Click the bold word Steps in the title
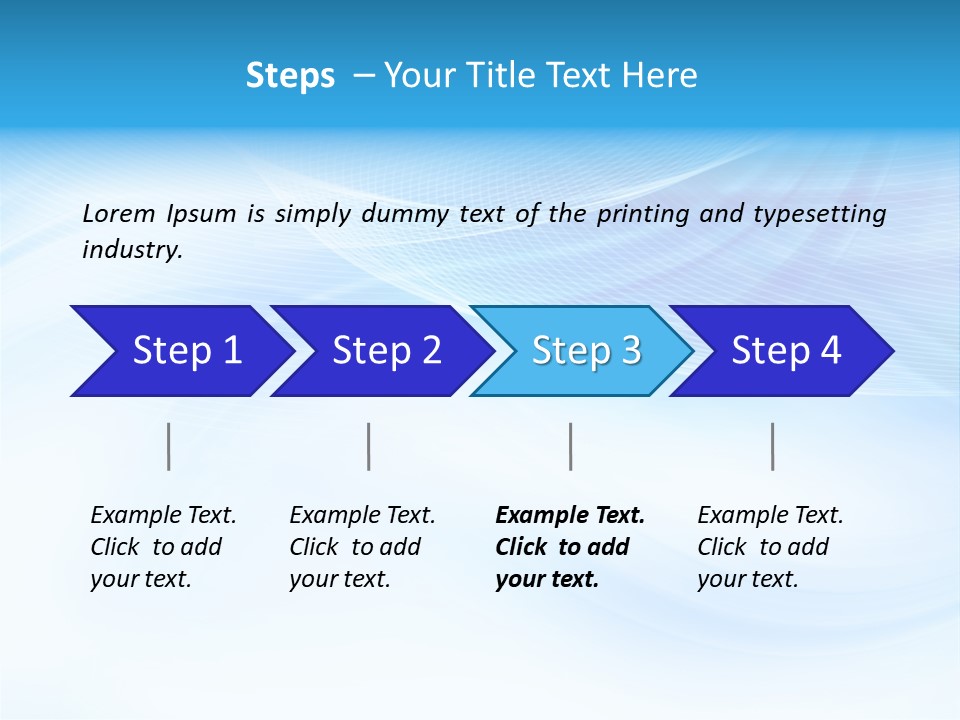290,75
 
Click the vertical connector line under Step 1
169,446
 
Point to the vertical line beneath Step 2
369,446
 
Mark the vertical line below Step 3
571,446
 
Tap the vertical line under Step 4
773,446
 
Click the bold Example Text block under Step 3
570,547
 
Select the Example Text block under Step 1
163,547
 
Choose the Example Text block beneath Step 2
362,547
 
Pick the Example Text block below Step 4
770,547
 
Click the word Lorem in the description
119,213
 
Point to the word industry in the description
132,250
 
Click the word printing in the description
643,213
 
